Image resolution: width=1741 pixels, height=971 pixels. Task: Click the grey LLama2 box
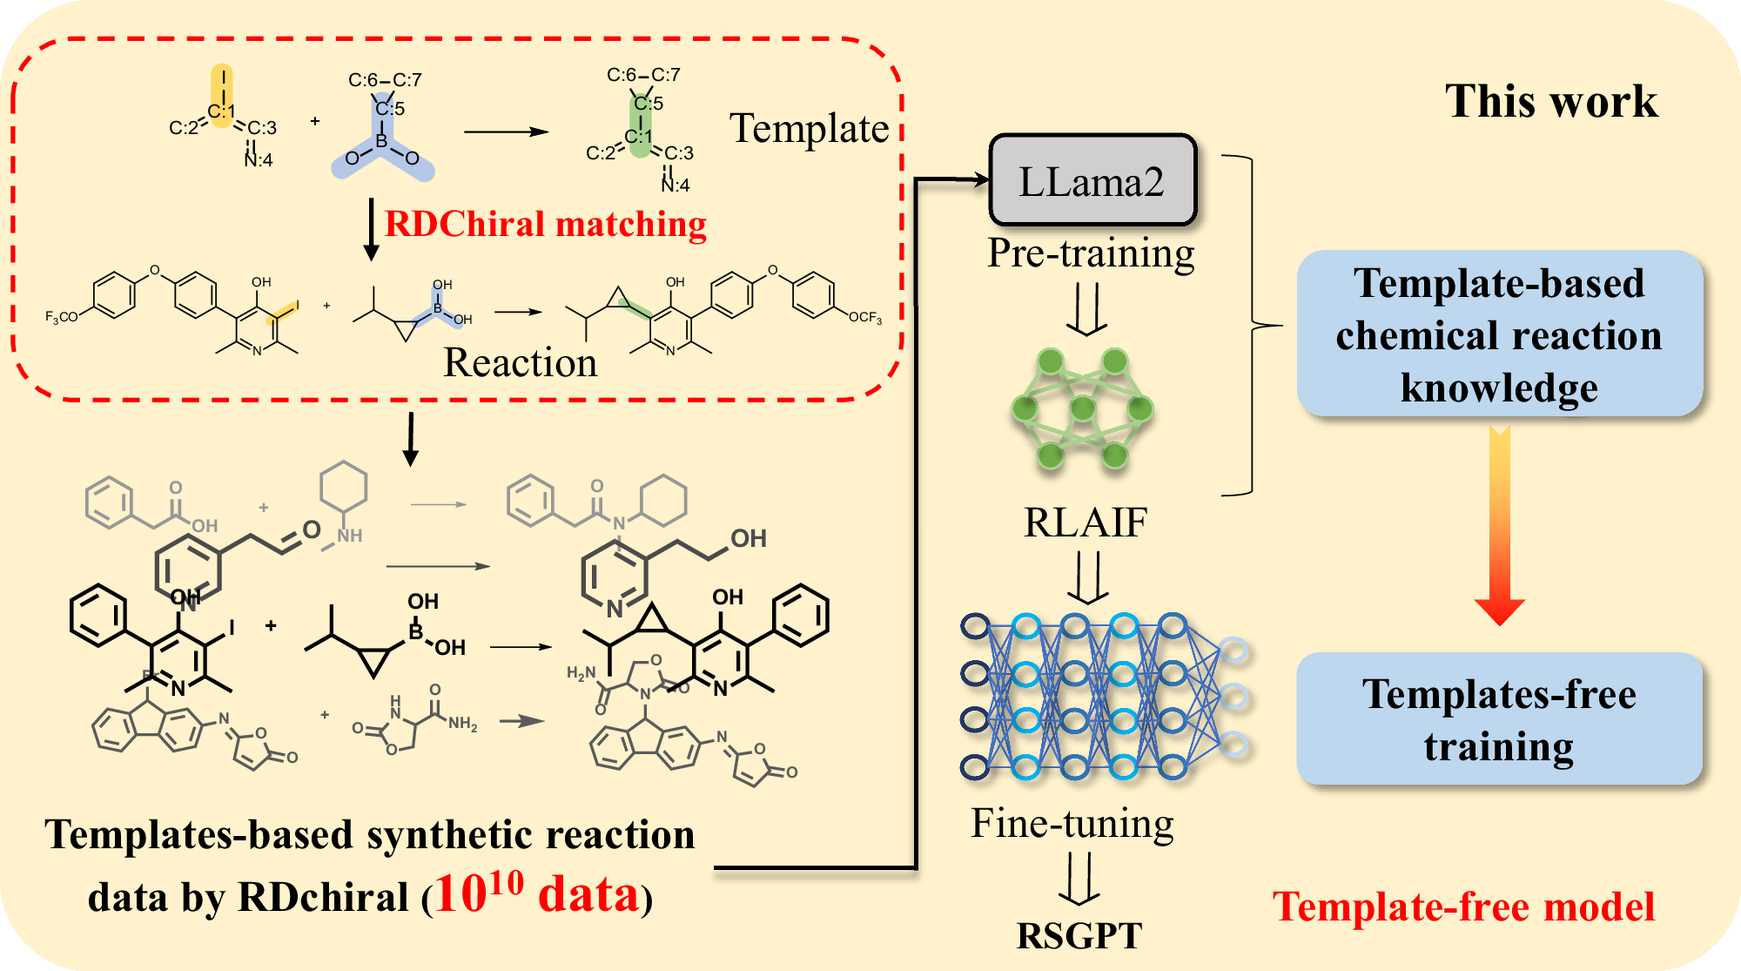coord(1092,181)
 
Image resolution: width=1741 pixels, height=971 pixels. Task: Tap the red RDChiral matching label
coord(545,224)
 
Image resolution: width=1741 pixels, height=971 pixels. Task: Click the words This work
coord(1550,101)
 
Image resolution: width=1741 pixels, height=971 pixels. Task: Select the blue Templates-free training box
coord(1498,719)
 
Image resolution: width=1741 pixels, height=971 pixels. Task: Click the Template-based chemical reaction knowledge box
coord(1498,334)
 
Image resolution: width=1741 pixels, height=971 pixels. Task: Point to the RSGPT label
coord(1079,936)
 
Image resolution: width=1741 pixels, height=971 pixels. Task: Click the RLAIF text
coord(1085,523)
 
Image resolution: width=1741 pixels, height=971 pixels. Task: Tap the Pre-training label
coord(1090,253)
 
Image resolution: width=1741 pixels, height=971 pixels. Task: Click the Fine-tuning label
coord(1072,823)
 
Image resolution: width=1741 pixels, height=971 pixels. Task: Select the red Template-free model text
coord(1463,907)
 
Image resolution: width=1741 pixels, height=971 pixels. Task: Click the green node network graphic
coord(1082,408)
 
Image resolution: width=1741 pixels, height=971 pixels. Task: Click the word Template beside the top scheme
coord(809,129)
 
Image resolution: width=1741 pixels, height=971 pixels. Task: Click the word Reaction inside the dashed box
coord(521,362)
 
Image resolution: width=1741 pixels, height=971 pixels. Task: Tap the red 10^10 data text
coord(537,893)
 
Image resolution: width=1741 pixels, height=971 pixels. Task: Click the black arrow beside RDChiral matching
coord(372,229)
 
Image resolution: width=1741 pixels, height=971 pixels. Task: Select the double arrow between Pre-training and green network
coord(1086,309)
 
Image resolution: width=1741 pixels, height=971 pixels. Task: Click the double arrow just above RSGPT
coord(1079,878)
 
